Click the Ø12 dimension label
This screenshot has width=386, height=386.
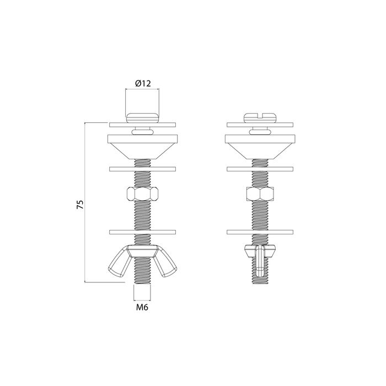[143, 83]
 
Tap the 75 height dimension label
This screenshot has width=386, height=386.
[81, 205]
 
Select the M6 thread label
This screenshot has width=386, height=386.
[142, 307]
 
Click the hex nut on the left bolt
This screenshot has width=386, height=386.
[142, 194]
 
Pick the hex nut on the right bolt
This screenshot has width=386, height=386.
[260, 194]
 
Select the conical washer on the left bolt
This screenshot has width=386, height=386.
[142, 147]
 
